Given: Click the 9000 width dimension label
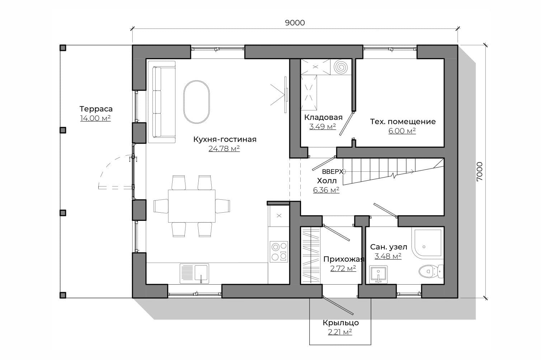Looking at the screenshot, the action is coord(295,23).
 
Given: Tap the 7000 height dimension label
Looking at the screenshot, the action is coord(479,171).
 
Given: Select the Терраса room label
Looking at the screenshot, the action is coord(96,109).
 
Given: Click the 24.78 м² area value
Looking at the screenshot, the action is coord(224,148).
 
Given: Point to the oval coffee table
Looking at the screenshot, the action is coord(196,102).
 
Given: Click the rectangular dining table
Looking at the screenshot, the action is coord(192,206).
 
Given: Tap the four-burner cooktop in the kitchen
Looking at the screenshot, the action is coord(279,252).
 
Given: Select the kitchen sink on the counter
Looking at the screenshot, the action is coord(194,273).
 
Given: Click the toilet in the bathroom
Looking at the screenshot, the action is coord(431,271).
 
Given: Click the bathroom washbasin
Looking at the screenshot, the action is coord(378,275).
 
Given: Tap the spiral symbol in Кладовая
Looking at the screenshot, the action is coord(341,67).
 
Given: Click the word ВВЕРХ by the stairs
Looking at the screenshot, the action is coord(333,172).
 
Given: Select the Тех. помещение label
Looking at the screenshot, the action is coord(403,122).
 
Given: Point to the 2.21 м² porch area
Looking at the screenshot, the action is coord(340,332).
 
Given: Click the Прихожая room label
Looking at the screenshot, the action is coord(344,259).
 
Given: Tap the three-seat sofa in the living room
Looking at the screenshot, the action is coord(161,102).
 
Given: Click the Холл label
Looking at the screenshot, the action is coord(327,181).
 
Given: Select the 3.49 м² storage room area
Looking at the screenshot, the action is coord(323,127).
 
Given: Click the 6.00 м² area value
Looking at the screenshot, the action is coord(402,131).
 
